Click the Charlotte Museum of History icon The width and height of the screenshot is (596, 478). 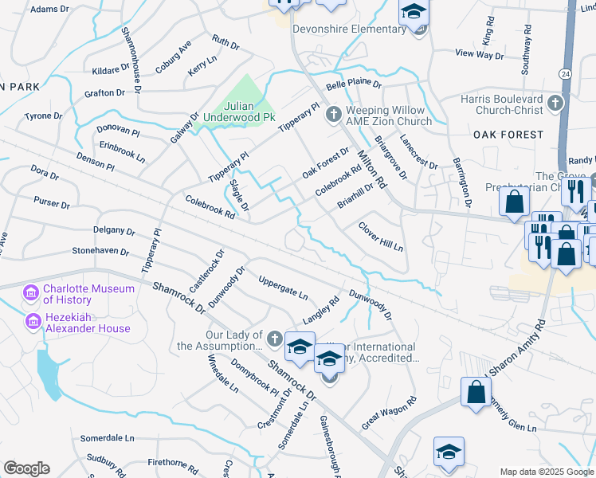(x=33, y=294)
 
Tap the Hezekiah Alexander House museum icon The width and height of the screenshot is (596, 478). (x=33, y=322)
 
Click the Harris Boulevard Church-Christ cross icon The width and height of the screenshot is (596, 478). (x=555, y=104)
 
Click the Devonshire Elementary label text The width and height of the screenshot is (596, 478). (x=349, y=29)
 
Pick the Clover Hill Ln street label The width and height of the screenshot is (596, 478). (x=381, y=237)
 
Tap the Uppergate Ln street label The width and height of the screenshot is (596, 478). (x=283, y=287)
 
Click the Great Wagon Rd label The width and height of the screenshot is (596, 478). (x=389, y=414)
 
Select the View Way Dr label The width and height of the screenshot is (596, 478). (x=479, y=55)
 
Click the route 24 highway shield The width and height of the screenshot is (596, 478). (x=565, y=73)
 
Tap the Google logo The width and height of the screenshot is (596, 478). (x=26, y=468)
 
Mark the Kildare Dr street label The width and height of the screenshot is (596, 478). (x=100, y=71)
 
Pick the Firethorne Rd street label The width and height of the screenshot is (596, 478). (x=173, y=463)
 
